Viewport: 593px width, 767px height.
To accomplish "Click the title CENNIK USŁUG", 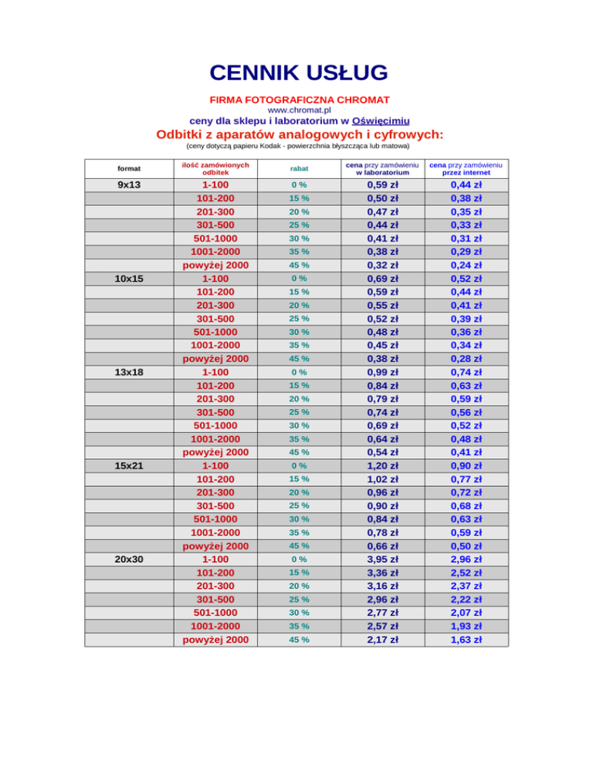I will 298,73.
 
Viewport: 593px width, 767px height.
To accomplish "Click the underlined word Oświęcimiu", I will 381,121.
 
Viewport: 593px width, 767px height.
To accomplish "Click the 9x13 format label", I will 129,185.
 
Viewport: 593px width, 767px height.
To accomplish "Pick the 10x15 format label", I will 129,279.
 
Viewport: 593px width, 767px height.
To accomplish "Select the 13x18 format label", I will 129,372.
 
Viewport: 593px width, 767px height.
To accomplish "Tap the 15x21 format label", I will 129,465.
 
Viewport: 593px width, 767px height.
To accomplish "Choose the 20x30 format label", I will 129,559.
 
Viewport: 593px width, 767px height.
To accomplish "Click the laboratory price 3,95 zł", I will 382,559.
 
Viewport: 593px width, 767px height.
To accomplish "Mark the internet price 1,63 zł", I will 466,640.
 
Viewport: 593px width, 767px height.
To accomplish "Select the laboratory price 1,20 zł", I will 382,465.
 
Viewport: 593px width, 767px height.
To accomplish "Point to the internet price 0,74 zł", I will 466,372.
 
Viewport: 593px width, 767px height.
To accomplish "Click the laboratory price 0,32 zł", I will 382,265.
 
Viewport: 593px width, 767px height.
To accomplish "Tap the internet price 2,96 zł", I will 466,559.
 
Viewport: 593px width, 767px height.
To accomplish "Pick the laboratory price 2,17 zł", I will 382,640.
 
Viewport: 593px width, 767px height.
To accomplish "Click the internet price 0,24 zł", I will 466,265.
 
